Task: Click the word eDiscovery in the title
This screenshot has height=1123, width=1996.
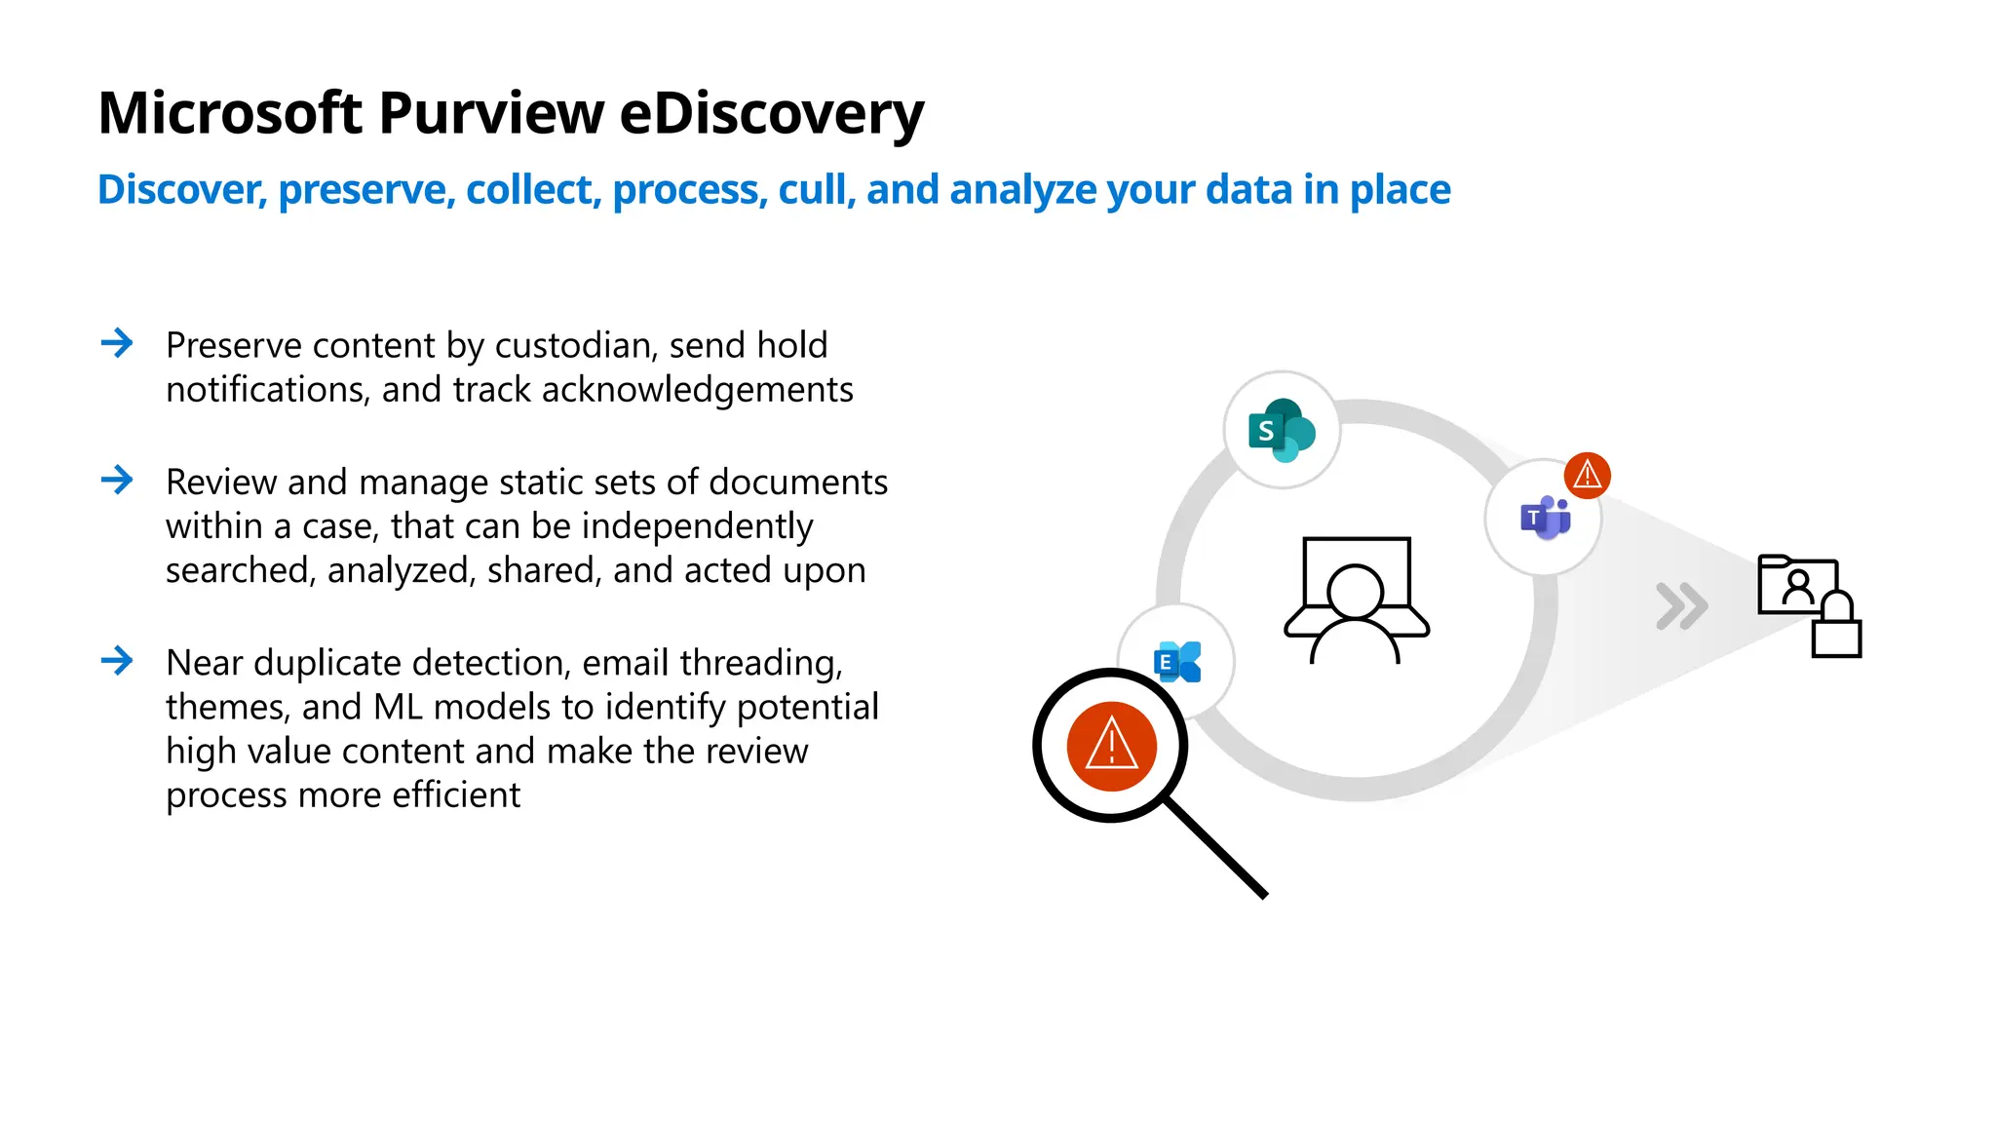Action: [x=771, y=114]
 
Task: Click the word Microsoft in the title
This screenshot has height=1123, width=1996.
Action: [x=230, y=114]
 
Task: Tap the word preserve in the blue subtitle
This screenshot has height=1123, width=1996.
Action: [x=366, y=190]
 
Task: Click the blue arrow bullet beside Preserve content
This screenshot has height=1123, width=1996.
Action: [x=117, y=343]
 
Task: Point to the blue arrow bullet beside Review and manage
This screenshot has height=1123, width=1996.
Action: [x=117, y=480]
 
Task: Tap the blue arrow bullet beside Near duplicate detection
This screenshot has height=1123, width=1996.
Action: [x=117, y=661]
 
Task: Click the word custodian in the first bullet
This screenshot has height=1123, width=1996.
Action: [x=575, y=346]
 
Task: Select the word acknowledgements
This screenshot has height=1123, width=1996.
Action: [x=697, y=390]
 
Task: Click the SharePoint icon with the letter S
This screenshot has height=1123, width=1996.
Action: [x=1282, y=430]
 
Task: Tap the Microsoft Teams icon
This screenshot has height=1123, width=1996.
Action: [x=1545, y=518]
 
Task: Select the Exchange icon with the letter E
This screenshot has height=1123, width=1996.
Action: [x=1176, y=663]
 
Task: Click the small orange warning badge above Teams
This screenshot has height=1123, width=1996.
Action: [x=1588, y=476]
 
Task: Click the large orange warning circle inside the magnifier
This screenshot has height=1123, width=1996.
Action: [x=1111, y=747]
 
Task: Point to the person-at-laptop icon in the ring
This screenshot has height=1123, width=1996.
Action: [x=1356, y=600]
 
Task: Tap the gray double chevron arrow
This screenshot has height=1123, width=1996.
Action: [x=1682, y=606]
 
